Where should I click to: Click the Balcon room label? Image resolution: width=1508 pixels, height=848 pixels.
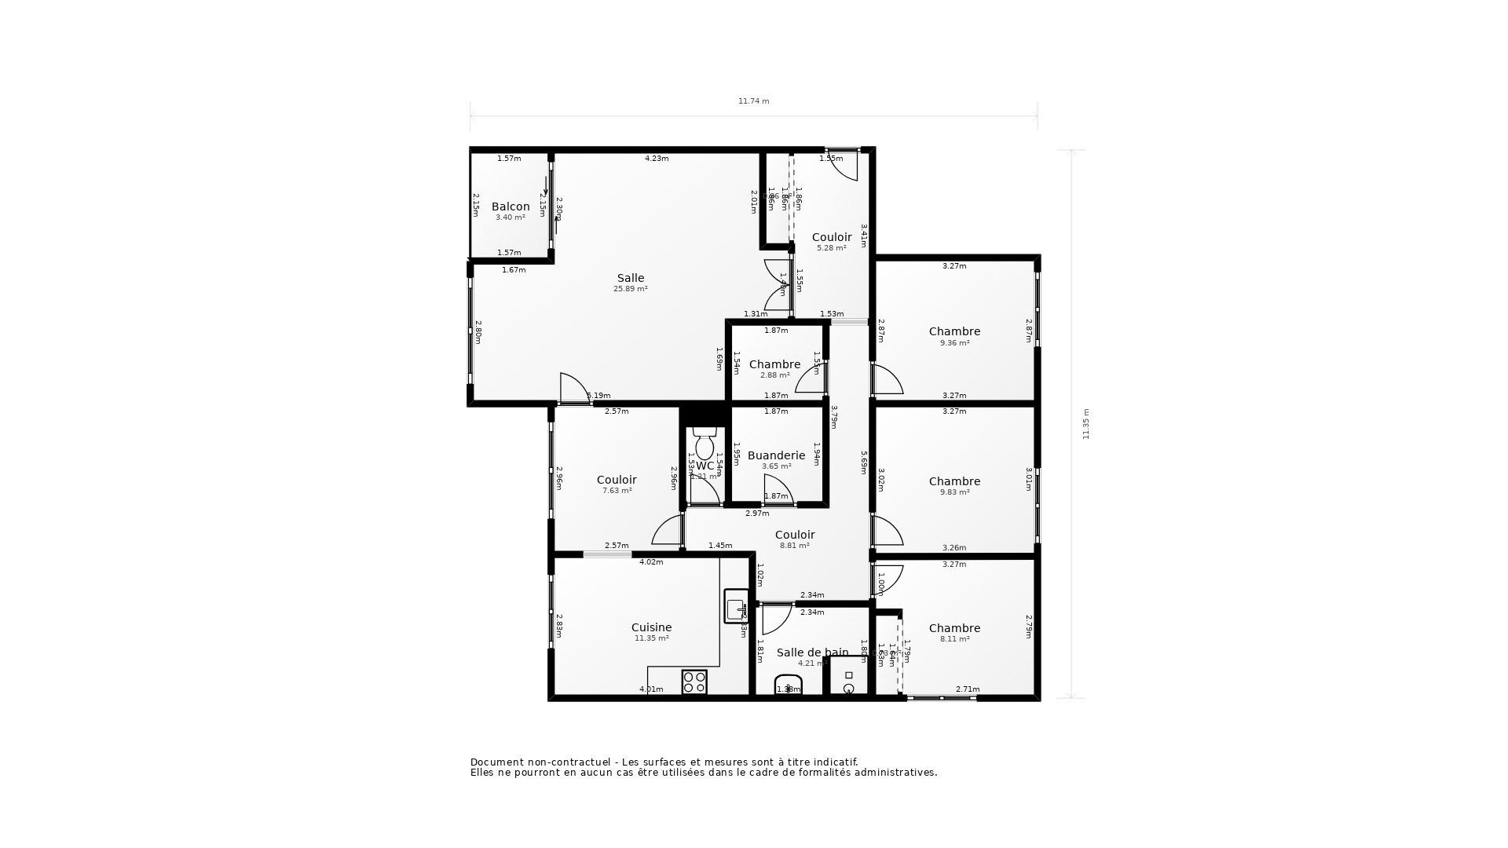click(x=511, y=207)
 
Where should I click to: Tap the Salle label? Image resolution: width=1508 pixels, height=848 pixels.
click(x=630, y=278)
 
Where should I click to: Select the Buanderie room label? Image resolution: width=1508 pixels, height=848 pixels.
click(x=776, y=455)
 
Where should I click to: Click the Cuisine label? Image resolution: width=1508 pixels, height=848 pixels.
click(x=651, y=627)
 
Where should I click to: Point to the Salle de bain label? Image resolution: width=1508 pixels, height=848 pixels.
click(x=812, y=652)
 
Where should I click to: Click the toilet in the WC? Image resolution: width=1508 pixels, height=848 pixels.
click(x=705, y=444)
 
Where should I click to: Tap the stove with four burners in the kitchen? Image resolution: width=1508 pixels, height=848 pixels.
click(x=694, y=682)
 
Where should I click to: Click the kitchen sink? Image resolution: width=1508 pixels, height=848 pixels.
click(x=736, y=607)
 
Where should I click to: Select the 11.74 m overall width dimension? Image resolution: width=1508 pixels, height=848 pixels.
click(x=753, y=101)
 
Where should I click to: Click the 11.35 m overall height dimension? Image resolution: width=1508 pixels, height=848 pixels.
click(x=1086, y=424)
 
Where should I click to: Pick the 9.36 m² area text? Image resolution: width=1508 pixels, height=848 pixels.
click(x=954, y=343)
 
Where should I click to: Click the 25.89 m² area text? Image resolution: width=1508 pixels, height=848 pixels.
click(x=630, y=289)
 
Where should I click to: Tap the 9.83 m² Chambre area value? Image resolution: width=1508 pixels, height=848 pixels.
click(x=954, y=492)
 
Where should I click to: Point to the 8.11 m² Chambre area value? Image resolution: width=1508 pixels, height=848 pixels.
click(x=954, y=639)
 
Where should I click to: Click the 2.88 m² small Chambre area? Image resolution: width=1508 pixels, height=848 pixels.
click(x=774, y=375)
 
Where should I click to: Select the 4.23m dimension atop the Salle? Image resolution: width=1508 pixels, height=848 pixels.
click(x=657, y=159)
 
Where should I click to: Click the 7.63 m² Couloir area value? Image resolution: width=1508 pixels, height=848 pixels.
click(x=617, y=491)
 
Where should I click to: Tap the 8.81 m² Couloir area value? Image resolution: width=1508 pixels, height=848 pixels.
click(x=794, y=546)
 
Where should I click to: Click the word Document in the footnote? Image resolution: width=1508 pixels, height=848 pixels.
click(x=497, y=762)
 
